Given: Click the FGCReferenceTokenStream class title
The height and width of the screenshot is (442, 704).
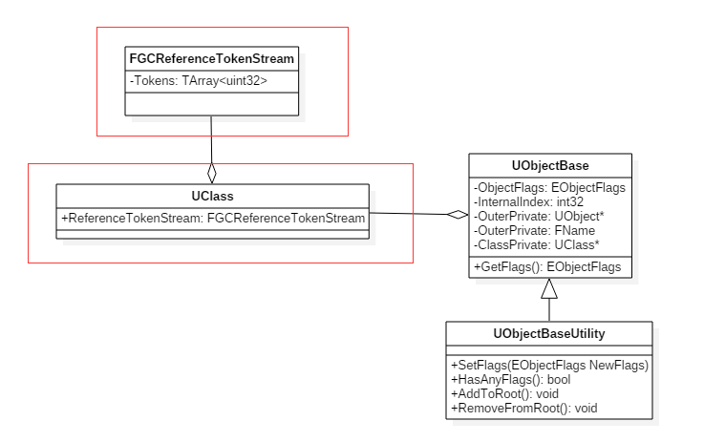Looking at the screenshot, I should coord(211,59).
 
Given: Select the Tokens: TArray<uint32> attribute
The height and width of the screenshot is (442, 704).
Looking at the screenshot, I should coord(198,81).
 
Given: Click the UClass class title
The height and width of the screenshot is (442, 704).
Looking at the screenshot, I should coord(212,197).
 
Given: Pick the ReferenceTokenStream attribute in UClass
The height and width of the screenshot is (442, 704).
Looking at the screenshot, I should coord(213,219).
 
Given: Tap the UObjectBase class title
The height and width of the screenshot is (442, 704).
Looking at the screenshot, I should coord(548,165).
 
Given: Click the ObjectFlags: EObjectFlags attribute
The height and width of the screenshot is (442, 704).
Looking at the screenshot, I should coord(549,188).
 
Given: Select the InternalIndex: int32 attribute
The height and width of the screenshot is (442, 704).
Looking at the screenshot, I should coord(531,201).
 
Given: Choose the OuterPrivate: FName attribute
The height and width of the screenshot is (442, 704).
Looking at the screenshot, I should coord(536,230).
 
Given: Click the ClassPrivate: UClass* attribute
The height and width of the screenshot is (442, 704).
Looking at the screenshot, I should coord(538,244).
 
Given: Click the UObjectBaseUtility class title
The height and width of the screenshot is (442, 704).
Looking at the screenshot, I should coord(549,333).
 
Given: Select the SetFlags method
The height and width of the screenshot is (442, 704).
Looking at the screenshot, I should coord(549,366).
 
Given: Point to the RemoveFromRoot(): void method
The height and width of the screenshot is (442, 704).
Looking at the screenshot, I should coord(523,408).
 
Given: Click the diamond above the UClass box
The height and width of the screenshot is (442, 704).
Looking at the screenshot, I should coord(212,173).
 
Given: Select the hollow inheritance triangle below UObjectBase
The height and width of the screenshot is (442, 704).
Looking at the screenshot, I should coord(549,290).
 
